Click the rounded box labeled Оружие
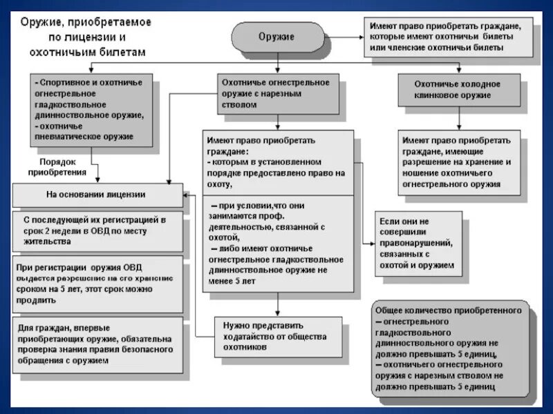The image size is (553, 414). (x=276, y=37)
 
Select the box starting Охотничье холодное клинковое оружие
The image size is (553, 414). (x=457, y=90)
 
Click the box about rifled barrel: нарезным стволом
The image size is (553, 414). (x=276, y=93)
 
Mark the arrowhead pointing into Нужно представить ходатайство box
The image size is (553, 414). (x=277, y=313)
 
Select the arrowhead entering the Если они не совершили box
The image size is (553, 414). (x=371, y=243)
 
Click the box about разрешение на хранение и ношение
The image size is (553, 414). (x=457, y=161)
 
